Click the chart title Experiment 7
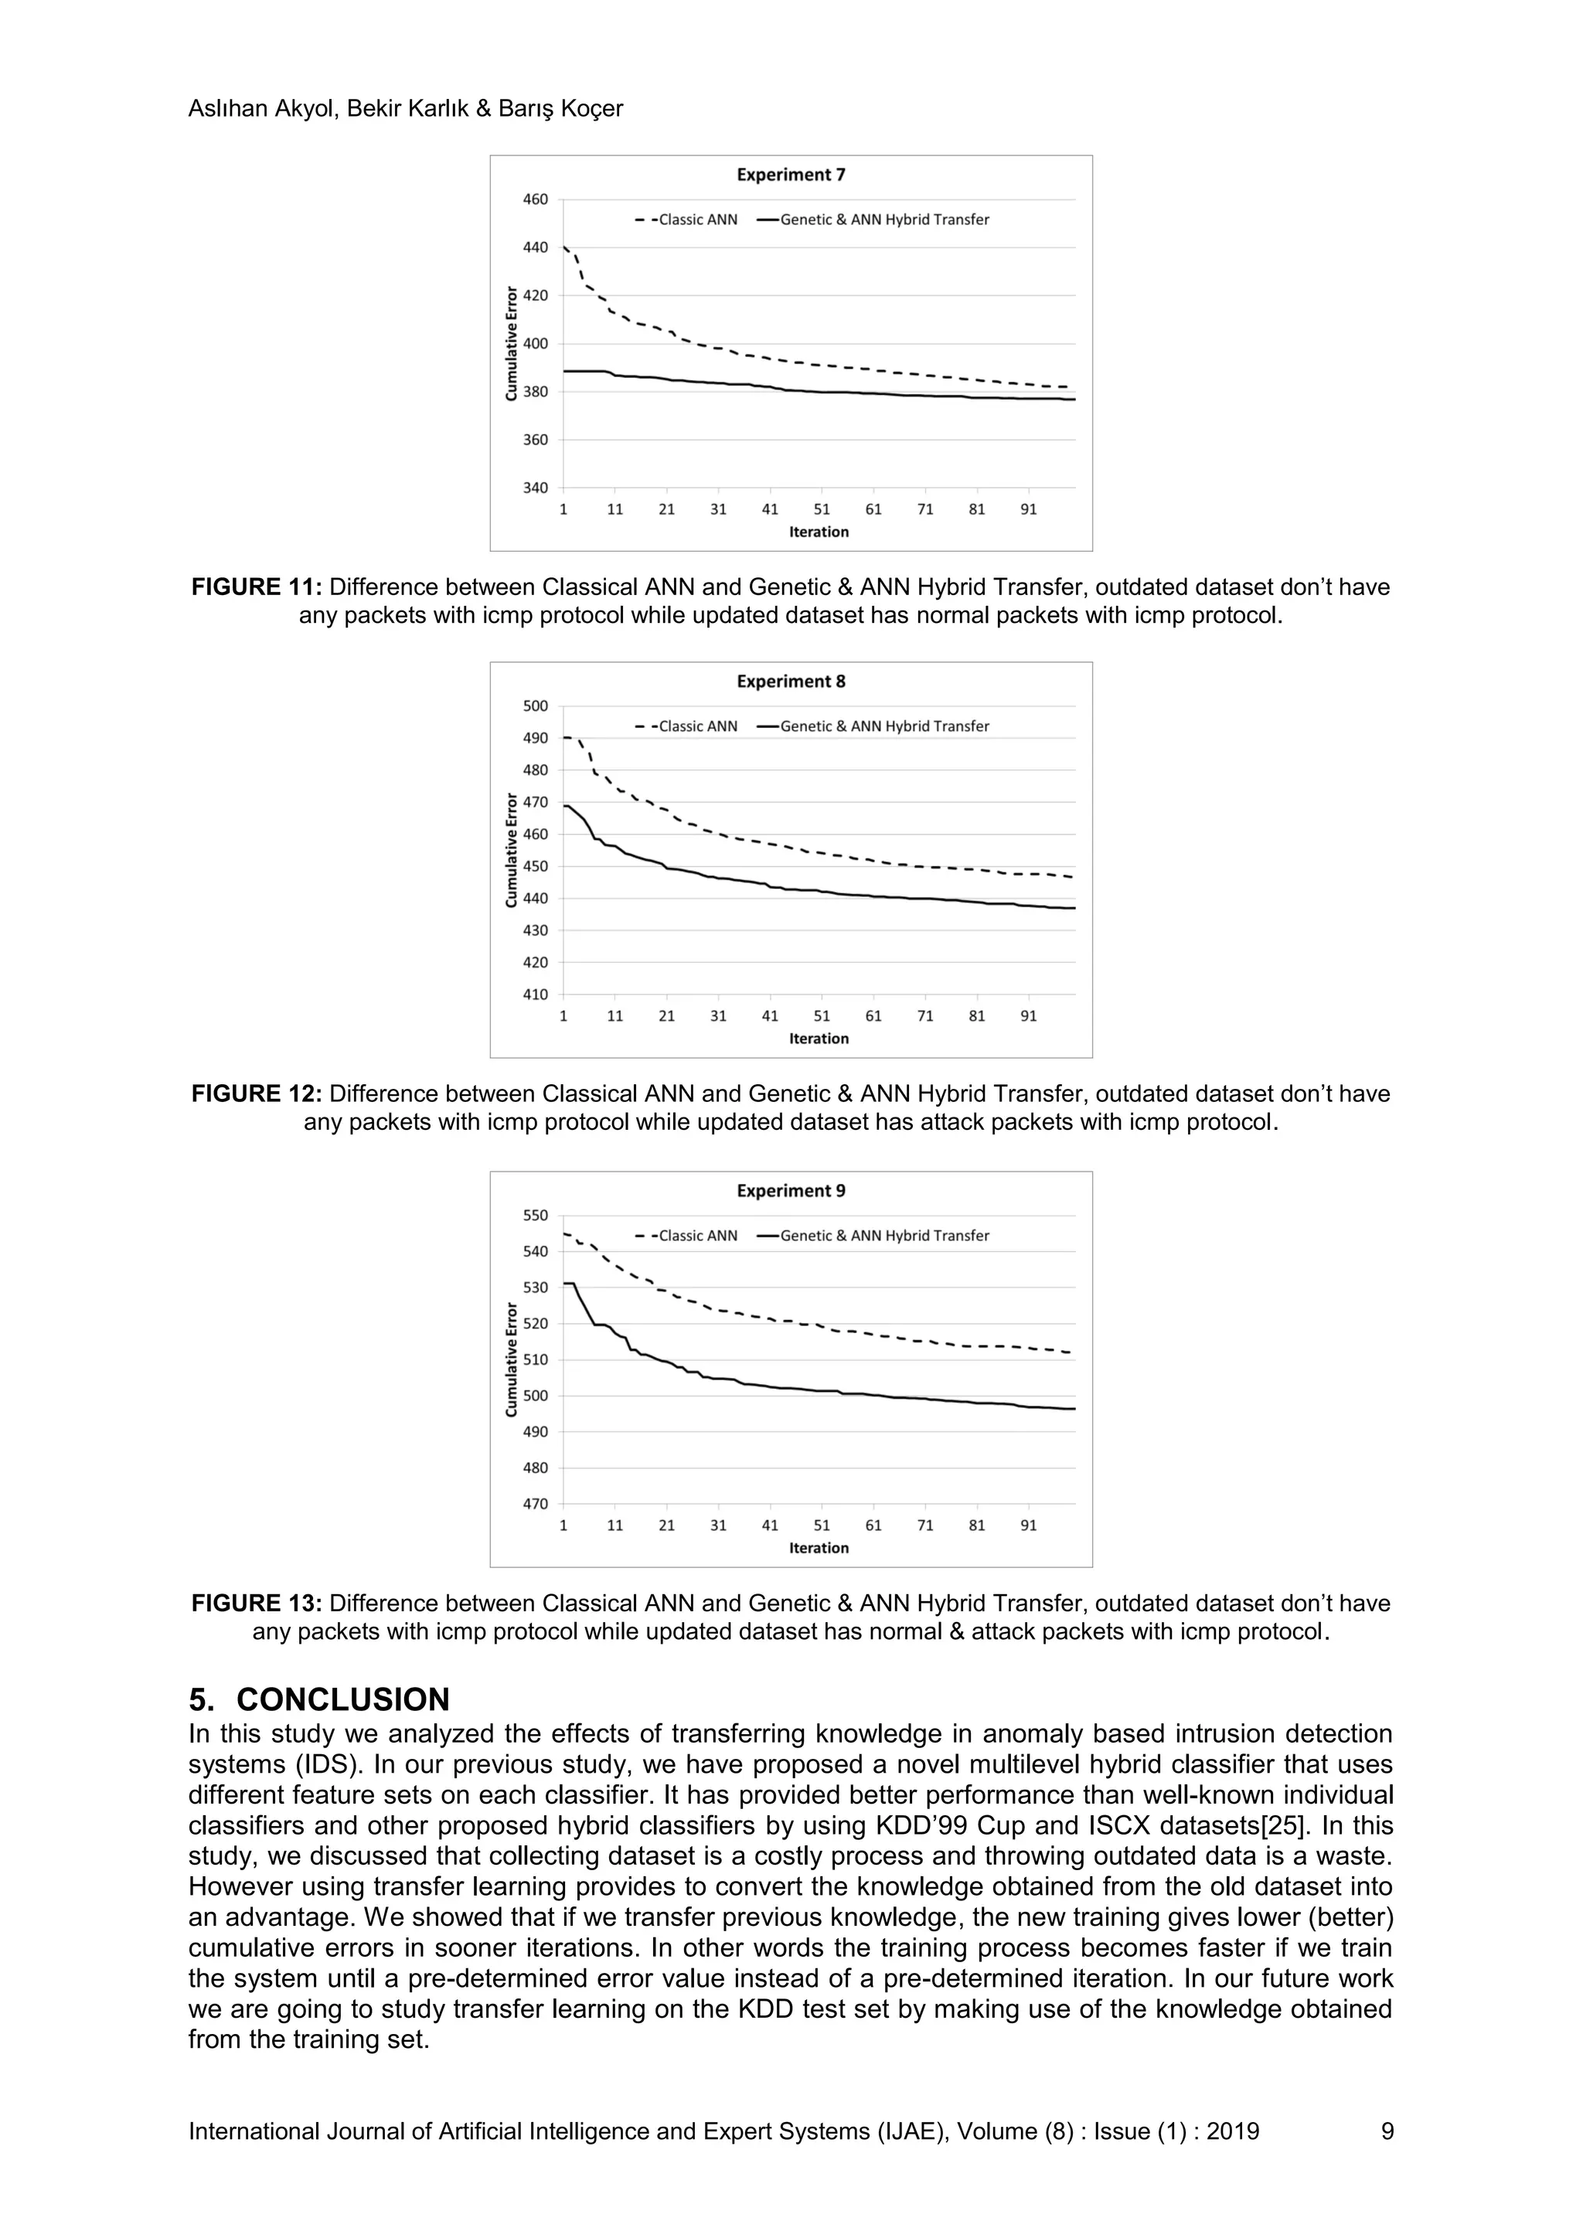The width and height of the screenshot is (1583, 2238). coord(791,175)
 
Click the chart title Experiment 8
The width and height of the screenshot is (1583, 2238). coord(791,682)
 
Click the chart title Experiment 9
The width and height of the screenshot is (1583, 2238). coord(791,1191)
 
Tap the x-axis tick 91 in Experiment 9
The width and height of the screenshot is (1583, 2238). coord(1028,1525)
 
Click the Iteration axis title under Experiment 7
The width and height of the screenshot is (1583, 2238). coord(819,532)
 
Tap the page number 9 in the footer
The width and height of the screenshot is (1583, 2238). coord(1387,2132)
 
